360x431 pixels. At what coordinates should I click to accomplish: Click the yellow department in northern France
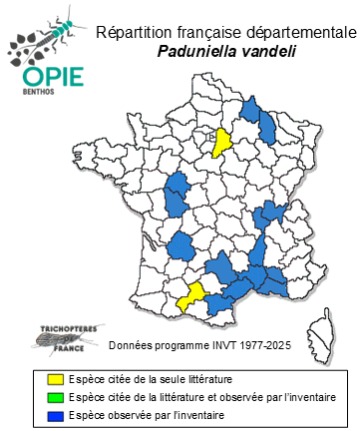225,143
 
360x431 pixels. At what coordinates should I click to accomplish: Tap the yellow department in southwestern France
191,295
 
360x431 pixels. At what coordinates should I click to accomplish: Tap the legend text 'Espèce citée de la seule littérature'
151,379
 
